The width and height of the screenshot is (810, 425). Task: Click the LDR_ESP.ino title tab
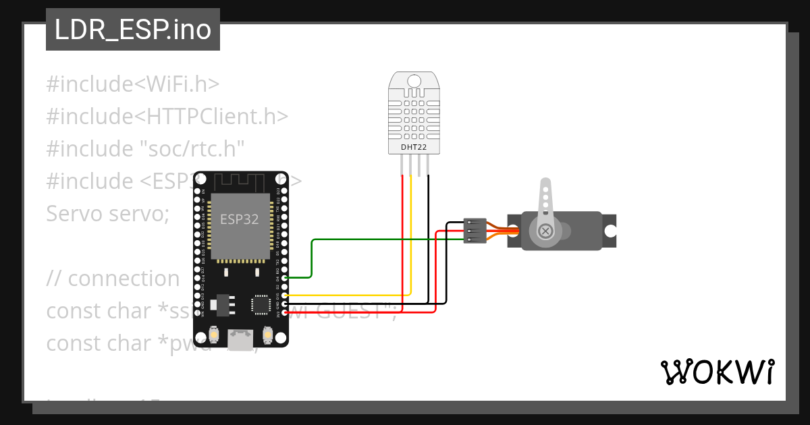coord(132,30)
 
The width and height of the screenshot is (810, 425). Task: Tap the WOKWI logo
coord(717,372)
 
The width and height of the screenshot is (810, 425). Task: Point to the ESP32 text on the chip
coord(240,219)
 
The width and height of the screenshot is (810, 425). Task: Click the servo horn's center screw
coord(545,231)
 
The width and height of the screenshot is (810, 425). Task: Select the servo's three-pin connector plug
coord(475,231)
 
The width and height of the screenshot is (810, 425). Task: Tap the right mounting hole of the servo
coord(610,231)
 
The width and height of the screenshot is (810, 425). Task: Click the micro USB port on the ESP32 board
coord(240,339)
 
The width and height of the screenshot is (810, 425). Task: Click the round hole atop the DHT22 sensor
coord(414,82)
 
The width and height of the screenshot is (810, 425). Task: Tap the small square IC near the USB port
coord(261,305)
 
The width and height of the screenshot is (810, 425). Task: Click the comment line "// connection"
coord(113,279)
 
